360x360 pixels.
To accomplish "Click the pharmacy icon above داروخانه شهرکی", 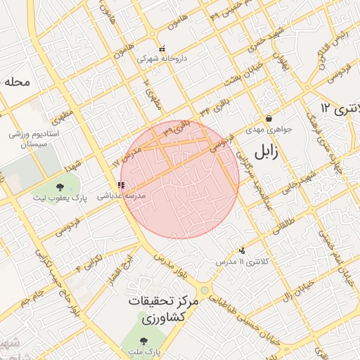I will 162,49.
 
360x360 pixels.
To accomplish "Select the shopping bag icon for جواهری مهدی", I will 269,118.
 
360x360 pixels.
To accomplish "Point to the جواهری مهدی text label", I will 264,130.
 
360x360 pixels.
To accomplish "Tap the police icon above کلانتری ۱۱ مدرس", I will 243,250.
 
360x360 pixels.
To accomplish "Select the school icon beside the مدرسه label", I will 122,186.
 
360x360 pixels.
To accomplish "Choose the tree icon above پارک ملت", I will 143,341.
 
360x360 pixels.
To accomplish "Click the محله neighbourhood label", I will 17,82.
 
